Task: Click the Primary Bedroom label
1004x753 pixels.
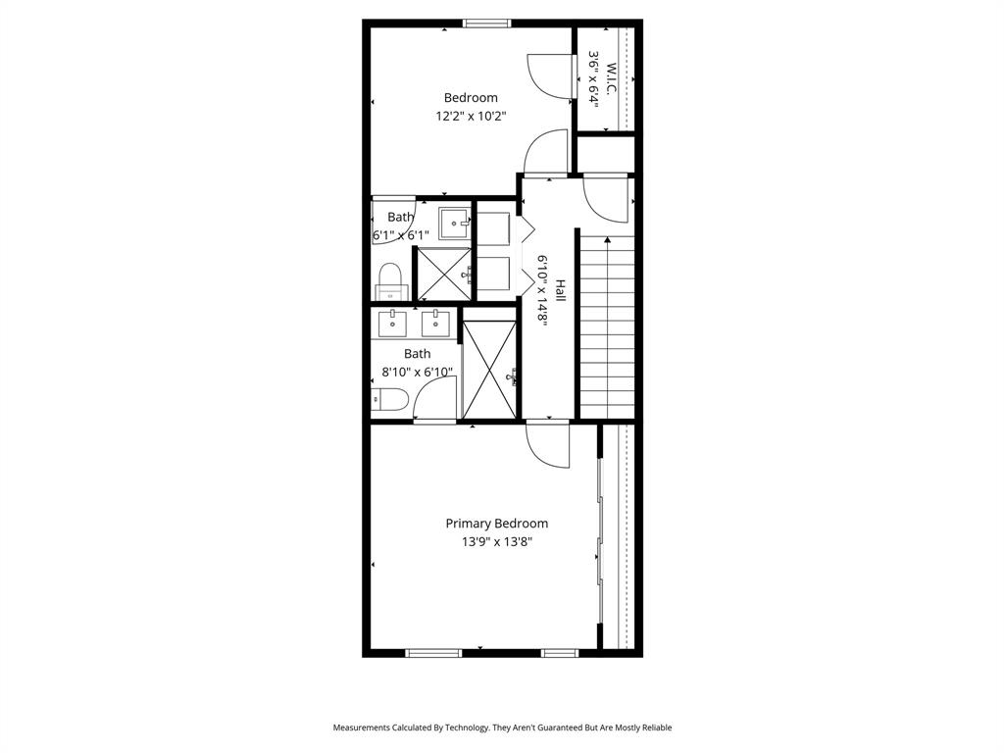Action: (496, 524)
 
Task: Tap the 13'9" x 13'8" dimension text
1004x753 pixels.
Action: (496, 541)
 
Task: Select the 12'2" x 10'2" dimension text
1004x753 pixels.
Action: (471, 116)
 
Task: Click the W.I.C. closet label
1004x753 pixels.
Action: (611, 79)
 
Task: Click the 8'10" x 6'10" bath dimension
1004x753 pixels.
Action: (417, 373)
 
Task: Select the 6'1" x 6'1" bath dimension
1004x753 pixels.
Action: (401, 235)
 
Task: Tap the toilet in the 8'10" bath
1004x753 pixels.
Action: (389, 399)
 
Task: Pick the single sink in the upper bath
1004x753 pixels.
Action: (454, 223)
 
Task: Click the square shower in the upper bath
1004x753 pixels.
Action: (444, 274)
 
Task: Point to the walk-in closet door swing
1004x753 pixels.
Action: (546, 74)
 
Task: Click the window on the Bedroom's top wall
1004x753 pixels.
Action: (487, 24)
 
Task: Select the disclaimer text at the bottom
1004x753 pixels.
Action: (502, 728)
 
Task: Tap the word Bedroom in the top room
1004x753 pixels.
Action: (471, 97)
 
